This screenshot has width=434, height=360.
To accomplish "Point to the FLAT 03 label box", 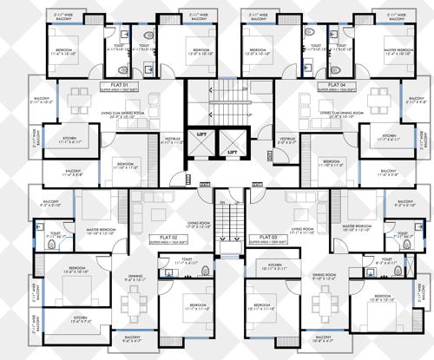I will coord(267,237).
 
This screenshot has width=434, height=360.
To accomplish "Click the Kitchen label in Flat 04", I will coord(390,137).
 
